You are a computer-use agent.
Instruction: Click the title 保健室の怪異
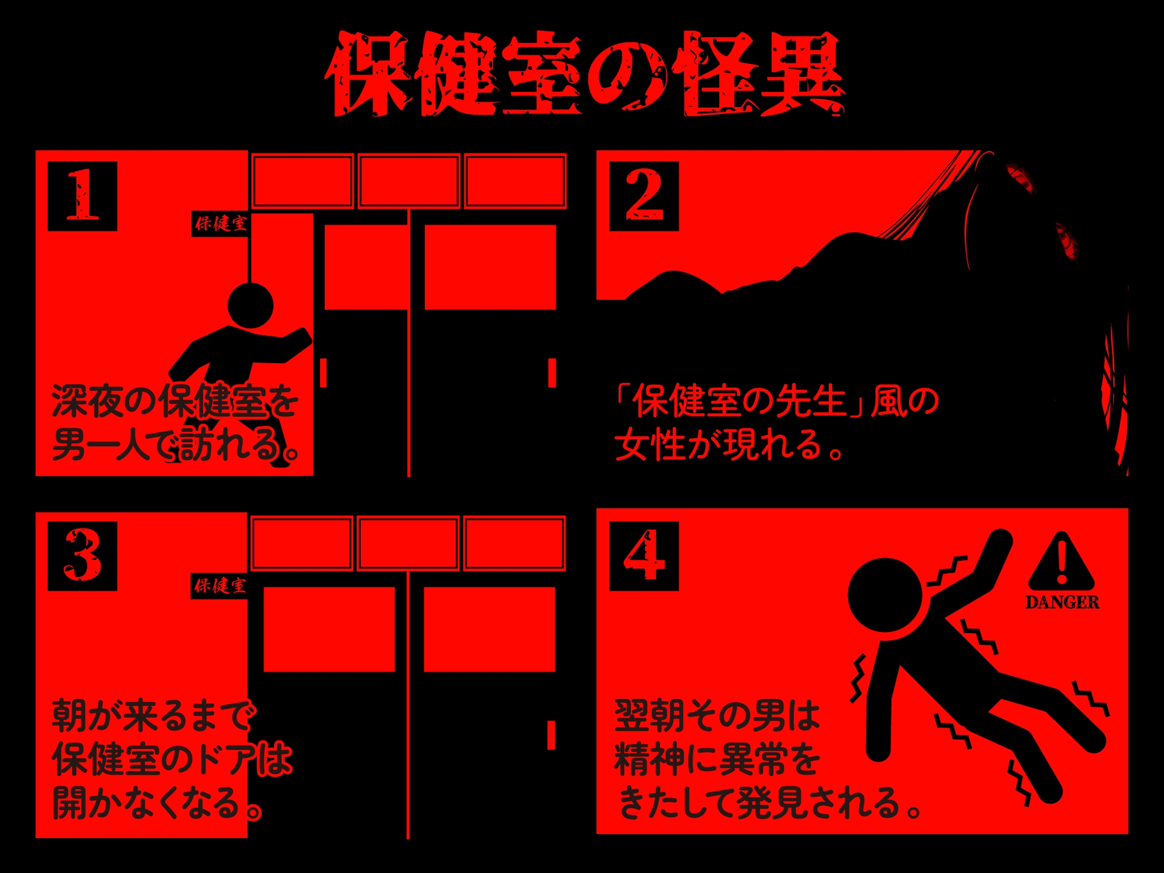pos(584,74)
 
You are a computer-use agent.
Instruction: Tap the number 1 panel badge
pos(82,196)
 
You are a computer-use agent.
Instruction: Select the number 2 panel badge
pos(644,196)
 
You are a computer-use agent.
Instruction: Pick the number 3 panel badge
pos(82,556)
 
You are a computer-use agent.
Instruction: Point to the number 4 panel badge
pos(644,556)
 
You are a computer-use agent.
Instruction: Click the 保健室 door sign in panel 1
pos(221,223)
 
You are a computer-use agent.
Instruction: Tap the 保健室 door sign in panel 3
pos(220,585)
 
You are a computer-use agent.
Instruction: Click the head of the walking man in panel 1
pos(250,306)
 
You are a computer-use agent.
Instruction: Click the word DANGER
pos(1062,602)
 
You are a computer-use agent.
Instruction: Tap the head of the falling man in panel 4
pos(885,595)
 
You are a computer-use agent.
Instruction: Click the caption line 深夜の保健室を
pos(175,402)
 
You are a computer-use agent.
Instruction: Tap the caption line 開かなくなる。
pos(157,803)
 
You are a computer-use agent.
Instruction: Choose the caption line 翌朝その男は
pos(717,716)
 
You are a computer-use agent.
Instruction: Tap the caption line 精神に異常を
pos(717,760)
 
